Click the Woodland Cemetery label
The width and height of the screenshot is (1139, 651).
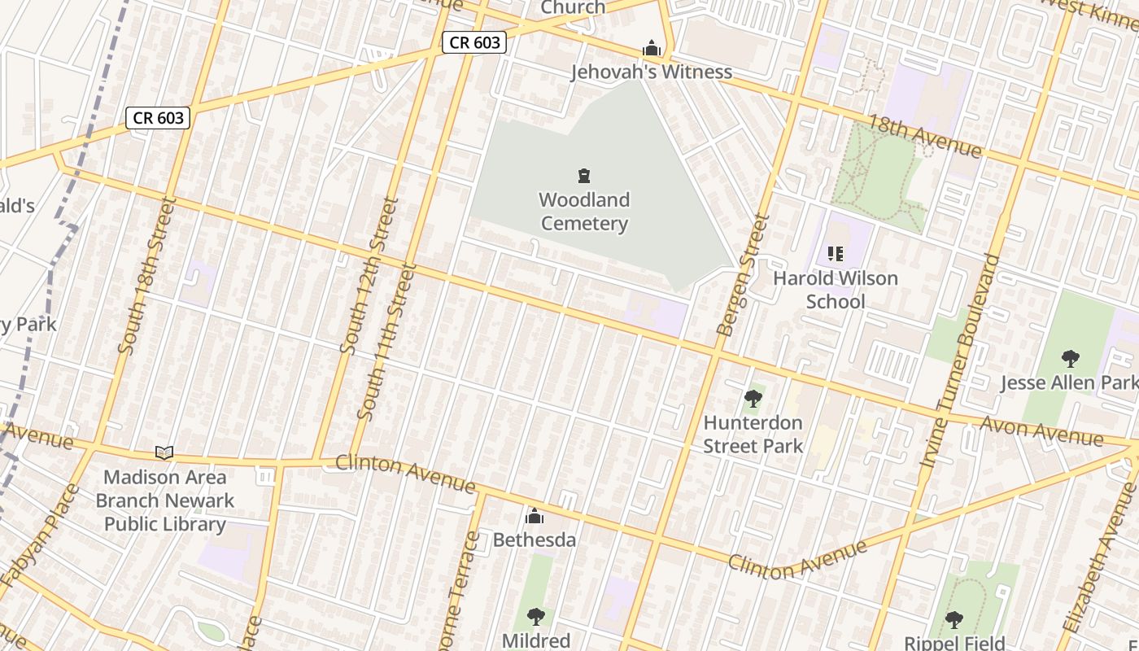click(584, 212)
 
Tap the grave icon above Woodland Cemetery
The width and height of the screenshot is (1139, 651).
click(584, 176)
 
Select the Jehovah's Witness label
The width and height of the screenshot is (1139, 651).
click(651, 72)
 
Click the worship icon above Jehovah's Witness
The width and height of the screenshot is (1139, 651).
click(651, 49)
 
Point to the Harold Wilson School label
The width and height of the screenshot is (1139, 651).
click(836, 290)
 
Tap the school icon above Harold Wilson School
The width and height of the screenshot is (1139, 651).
click(835, 254)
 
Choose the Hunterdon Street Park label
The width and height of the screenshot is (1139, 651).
click(753, 434)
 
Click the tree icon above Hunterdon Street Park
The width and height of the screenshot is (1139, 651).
click(753, 399)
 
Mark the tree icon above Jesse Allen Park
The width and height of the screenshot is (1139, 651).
click(1070, 358)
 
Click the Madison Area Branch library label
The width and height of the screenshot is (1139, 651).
click(165, 500)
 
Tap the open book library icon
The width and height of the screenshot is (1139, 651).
click(164, 452)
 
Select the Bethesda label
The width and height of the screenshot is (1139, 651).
click(535, 540)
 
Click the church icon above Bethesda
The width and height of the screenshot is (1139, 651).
click(535, 517)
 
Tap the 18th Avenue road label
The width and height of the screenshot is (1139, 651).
click(924, 135)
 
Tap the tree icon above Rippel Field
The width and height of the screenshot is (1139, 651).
click(954, 620)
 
